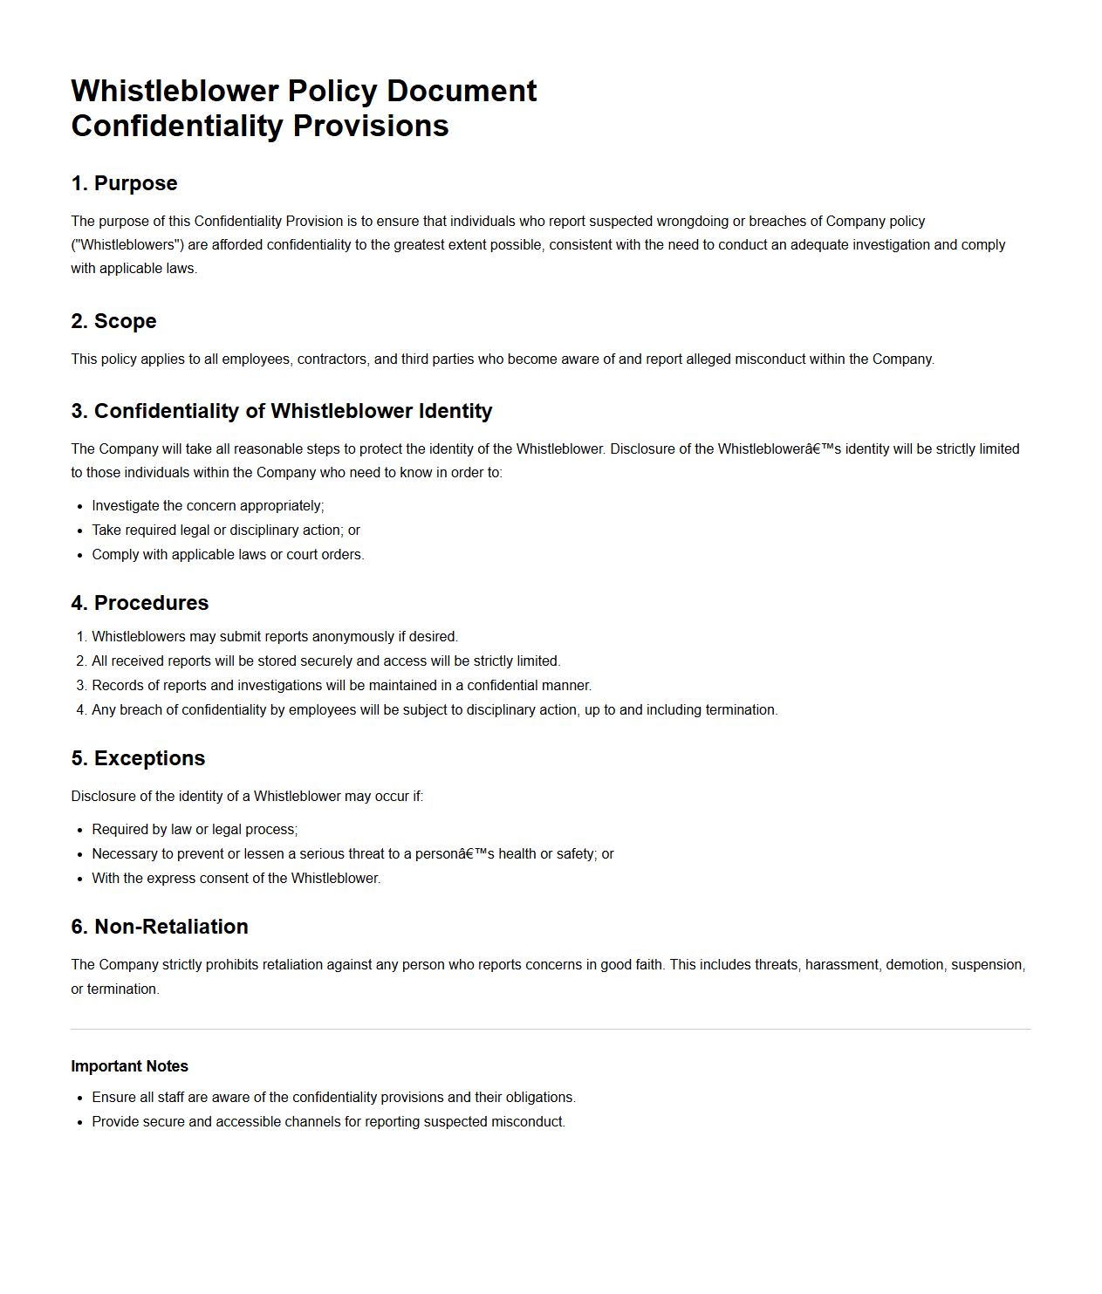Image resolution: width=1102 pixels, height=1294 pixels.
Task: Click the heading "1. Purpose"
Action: click(x=124, y=183)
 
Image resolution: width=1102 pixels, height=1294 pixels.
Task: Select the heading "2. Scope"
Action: click(x=113, y=321)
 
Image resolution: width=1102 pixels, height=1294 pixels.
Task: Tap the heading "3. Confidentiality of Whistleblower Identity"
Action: click(x=281, y=411)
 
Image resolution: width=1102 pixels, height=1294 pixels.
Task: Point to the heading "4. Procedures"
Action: click(x=140, y=603)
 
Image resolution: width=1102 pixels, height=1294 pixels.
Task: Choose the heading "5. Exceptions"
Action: click(x=138, y=758)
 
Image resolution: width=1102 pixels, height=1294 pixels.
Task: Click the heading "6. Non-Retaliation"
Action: click(x=160, y=927)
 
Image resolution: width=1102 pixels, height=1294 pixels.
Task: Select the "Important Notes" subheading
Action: click(x=129, y=1066)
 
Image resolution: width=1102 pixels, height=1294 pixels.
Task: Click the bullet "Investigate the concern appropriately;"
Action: click(x=208, y=506)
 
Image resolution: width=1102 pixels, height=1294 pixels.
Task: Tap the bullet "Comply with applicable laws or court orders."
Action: click(x=228, y=555)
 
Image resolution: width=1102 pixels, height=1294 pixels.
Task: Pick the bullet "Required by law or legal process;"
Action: click(x=195, y=830)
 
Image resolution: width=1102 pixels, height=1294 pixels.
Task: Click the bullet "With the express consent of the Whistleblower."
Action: click(x=236, y=879)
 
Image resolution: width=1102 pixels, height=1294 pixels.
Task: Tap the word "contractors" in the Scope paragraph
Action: click(x=332, y=359)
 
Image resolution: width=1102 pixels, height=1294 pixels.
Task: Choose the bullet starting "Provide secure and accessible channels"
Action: click(x=328, y=1122)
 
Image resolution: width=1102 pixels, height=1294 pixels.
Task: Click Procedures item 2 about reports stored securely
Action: click(x=325, y=661)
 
